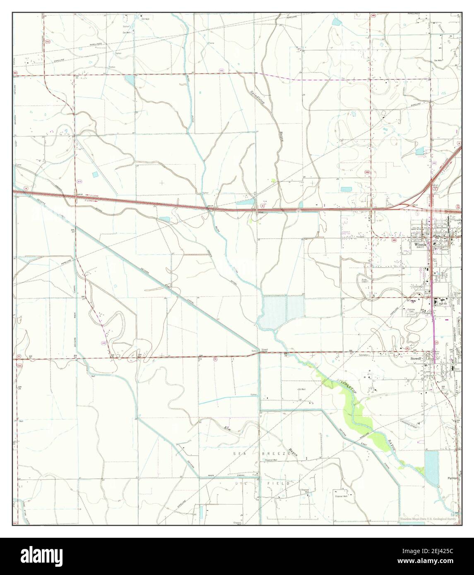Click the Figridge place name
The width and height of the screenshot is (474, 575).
point(452,477)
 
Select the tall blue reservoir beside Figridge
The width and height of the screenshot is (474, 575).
point(431,467)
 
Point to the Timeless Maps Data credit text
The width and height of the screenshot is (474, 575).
point(429,519)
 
